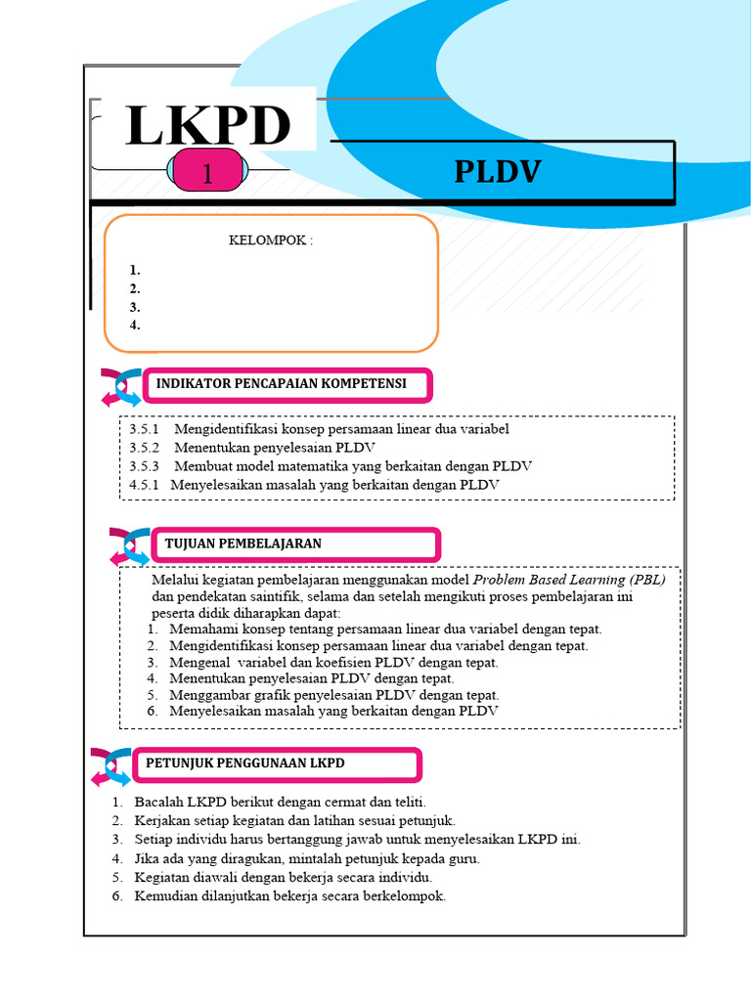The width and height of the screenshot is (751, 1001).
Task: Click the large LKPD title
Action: (208, 125)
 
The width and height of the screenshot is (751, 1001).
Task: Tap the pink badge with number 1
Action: (207, 174)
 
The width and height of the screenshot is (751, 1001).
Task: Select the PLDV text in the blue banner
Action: (497, 172)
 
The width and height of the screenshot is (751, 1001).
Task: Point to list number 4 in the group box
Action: (135, 326)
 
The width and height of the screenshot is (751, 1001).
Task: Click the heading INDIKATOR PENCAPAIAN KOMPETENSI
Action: (281, 384)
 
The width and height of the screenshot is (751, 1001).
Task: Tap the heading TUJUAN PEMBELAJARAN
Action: (244, 543)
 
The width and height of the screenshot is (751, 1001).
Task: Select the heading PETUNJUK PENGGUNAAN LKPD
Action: (245, 762)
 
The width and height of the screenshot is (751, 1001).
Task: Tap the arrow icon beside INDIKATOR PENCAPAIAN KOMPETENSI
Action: (121, 386)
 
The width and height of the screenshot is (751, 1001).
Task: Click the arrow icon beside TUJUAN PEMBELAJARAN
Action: (129, 546)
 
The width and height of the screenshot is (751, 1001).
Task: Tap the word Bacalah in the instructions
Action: (157, 803)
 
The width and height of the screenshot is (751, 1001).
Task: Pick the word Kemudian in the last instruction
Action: (165, 895)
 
